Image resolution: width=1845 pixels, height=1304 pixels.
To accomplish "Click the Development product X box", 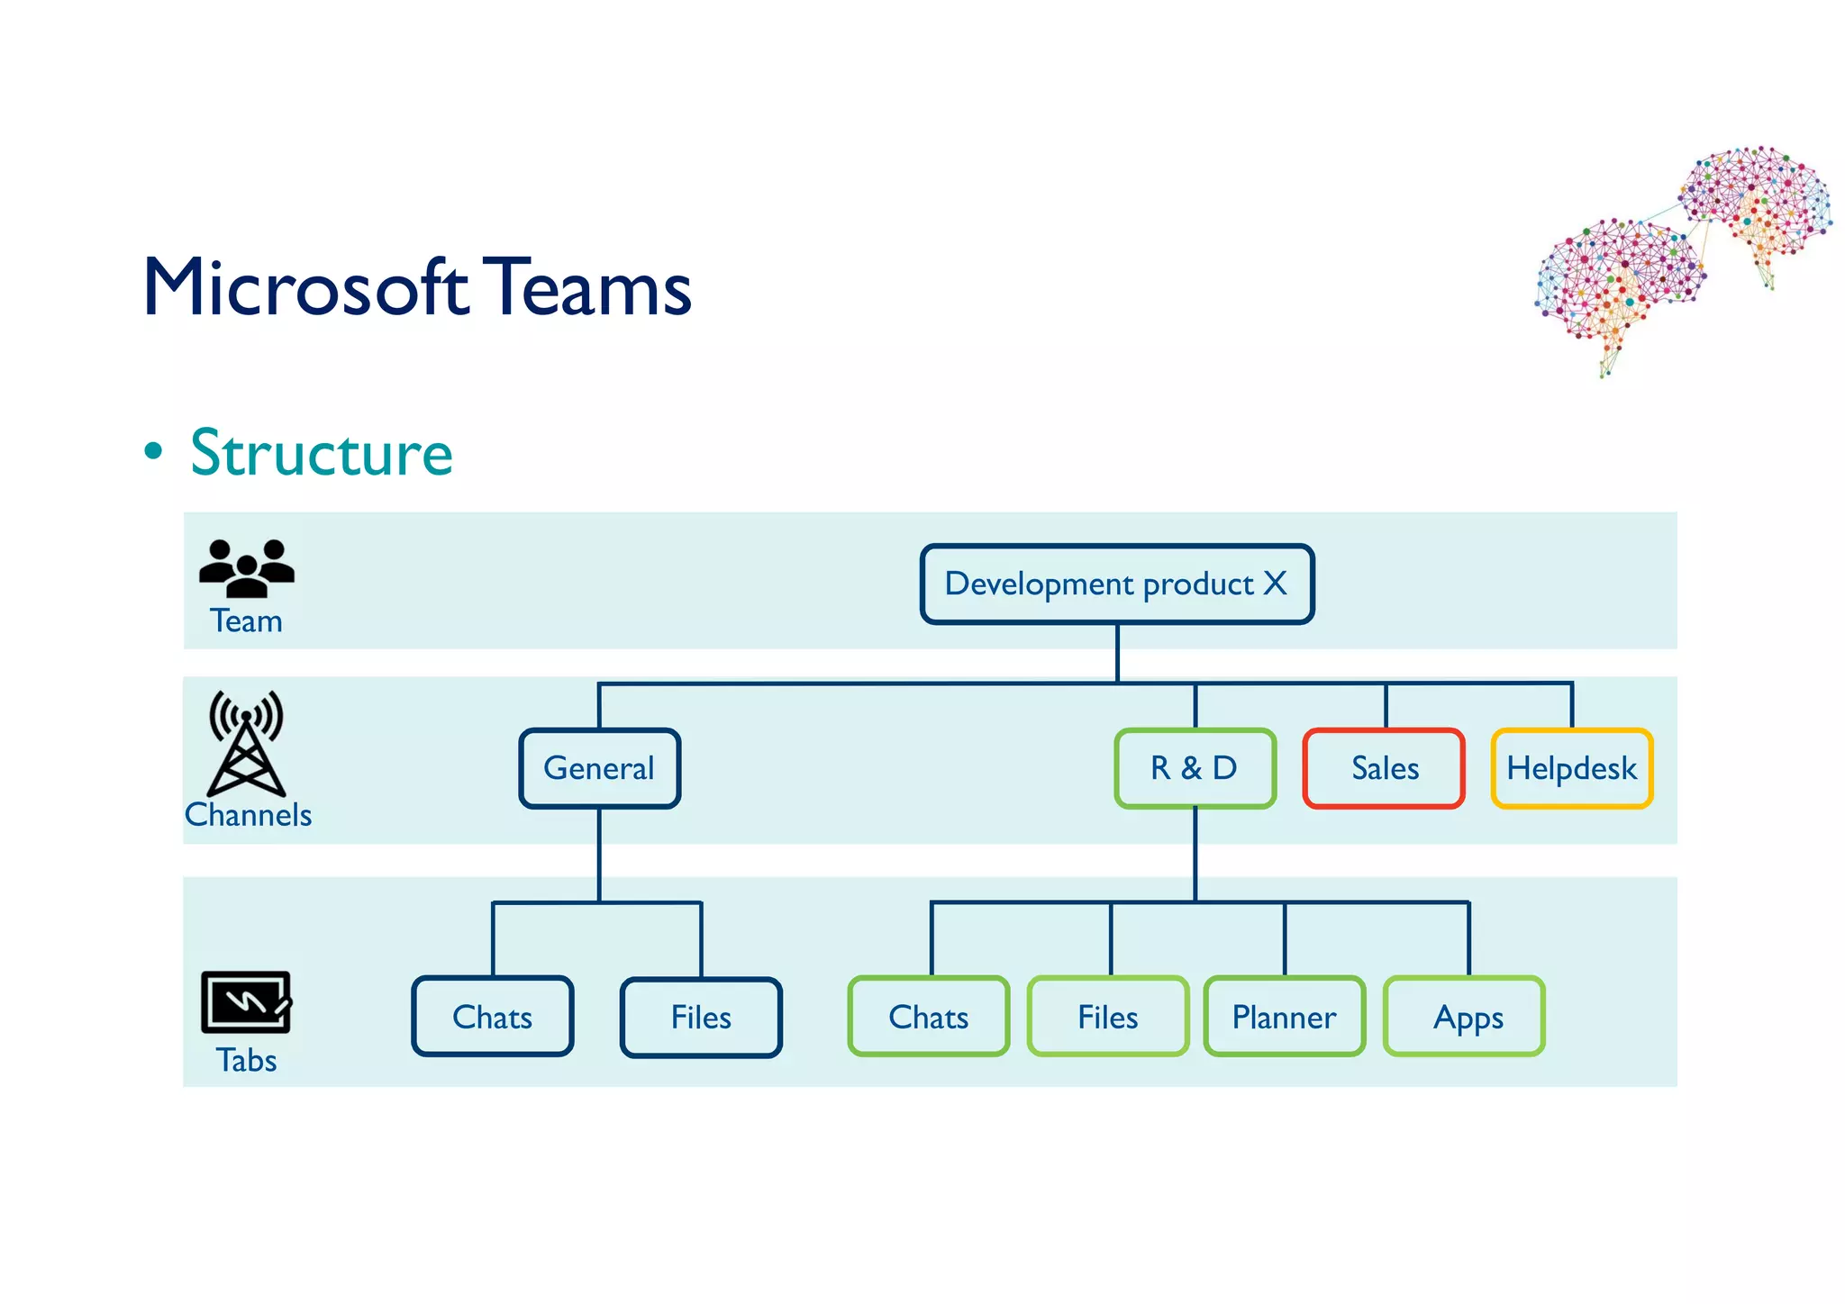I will [x=1116, y=584].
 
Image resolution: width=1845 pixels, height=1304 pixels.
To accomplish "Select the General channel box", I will [x=599, y=768].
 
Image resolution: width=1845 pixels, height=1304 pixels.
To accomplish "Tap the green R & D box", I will [x=1195, y=768].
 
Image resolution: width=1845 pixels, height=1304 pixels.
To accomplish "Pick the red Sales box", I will [x=1384, y=768].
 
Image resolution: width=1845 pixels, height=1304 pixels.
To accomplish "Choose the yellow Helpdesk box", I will [x=1571, y=768].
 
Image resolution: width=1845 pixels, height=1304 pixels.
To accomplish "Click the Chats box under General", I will [x=492, y=1017].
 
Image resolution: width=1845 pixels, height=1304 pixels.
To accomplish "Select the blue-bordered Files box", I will [x=701, y=1018].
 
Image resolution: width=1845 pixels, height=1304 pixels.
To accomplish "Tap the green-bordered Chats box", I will [x=928, y=1017].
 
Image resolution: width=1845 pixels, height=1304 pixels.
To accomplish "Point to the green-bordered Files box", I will [x=1107, y=1017].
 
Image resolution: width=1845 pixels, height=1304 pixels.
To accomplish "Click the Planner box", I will [x=1284, y=1017].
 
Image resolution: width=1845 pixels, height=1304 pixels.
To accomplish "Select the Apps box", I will [x=1464, y=1017].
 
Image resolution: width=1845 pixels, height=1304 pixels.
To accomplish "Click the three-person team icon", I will [x=246, y=568].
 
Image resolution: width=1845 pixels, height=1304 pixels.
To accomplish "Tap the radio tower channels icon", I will [x=246, y=743].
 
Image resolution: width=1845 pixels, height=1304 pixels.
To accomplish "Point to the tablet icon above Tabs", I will [x=246, y=1001].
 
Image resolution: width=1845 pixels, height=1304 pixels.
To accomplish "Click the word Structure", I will [x=322, y=453].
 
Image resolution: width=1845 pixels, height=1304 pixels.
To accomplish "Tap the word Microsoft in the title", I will [x=305, y=287].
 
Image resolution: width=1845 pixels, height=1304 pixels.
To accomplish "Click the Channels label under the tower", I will [x=249, y=815].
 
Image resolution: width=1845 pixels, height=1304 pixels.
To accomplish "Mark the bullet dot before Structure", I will [x=154, y=451].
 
